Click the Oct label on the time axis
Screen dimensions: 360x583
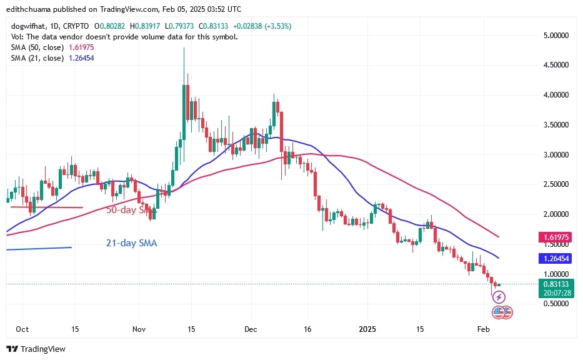click(x=22, y=329)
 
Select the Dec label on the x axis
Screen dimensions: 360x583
click(x=251, y=329)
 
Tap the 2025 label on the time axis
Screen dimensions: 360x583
click(x=367, y=329)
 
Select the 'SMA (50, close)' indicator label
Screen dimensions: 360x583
click(x=36, y=47)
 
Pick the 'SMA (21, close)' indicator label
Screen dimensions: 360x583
click(x=36, y=57)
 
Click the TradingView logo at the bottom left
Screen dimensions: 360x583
click(x=36, y=349)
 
